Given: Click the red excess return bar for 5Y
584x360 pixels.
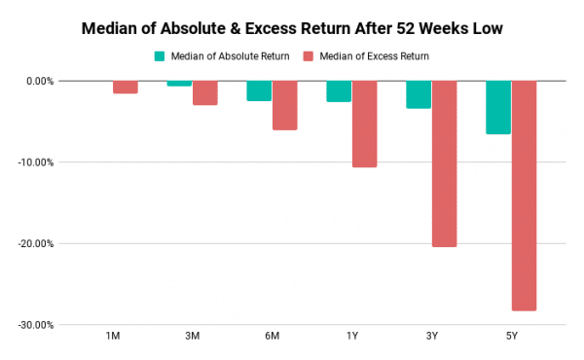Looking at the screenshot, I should click(524, 195).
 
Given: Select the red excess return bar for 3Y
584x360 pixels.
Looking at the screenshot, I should click(444, 163).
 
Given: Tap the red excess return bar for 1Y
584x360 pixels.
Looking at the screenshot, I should click(364, 124).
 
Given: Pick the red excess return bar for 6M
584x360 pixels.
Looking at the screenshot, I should click(284, 105).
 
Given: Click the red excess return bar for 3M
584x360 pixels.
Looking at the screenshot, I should click(204, 92).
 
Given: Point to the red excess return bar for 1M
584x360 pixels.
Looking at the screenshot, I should click(125, 87).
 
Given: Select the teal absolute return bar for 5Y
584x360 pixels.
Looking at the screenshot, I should click(498, 107).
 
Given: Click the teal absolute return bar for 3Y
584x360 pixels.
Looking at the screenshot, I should click(419, 94).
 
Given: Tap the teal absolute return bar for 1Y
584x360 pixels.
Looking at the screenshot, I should click(339, 91).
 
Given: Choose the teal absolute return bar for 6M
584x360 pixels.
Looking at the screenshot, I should click(259, 90).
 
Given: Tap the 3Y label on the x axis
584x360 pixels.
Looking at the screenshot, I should click(431, 337).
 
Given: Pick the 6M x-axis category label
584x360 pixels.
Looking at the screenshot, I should click(272, 337).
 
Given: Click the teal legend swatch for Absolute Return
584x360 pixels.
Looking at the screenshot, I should click(160, 56).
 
